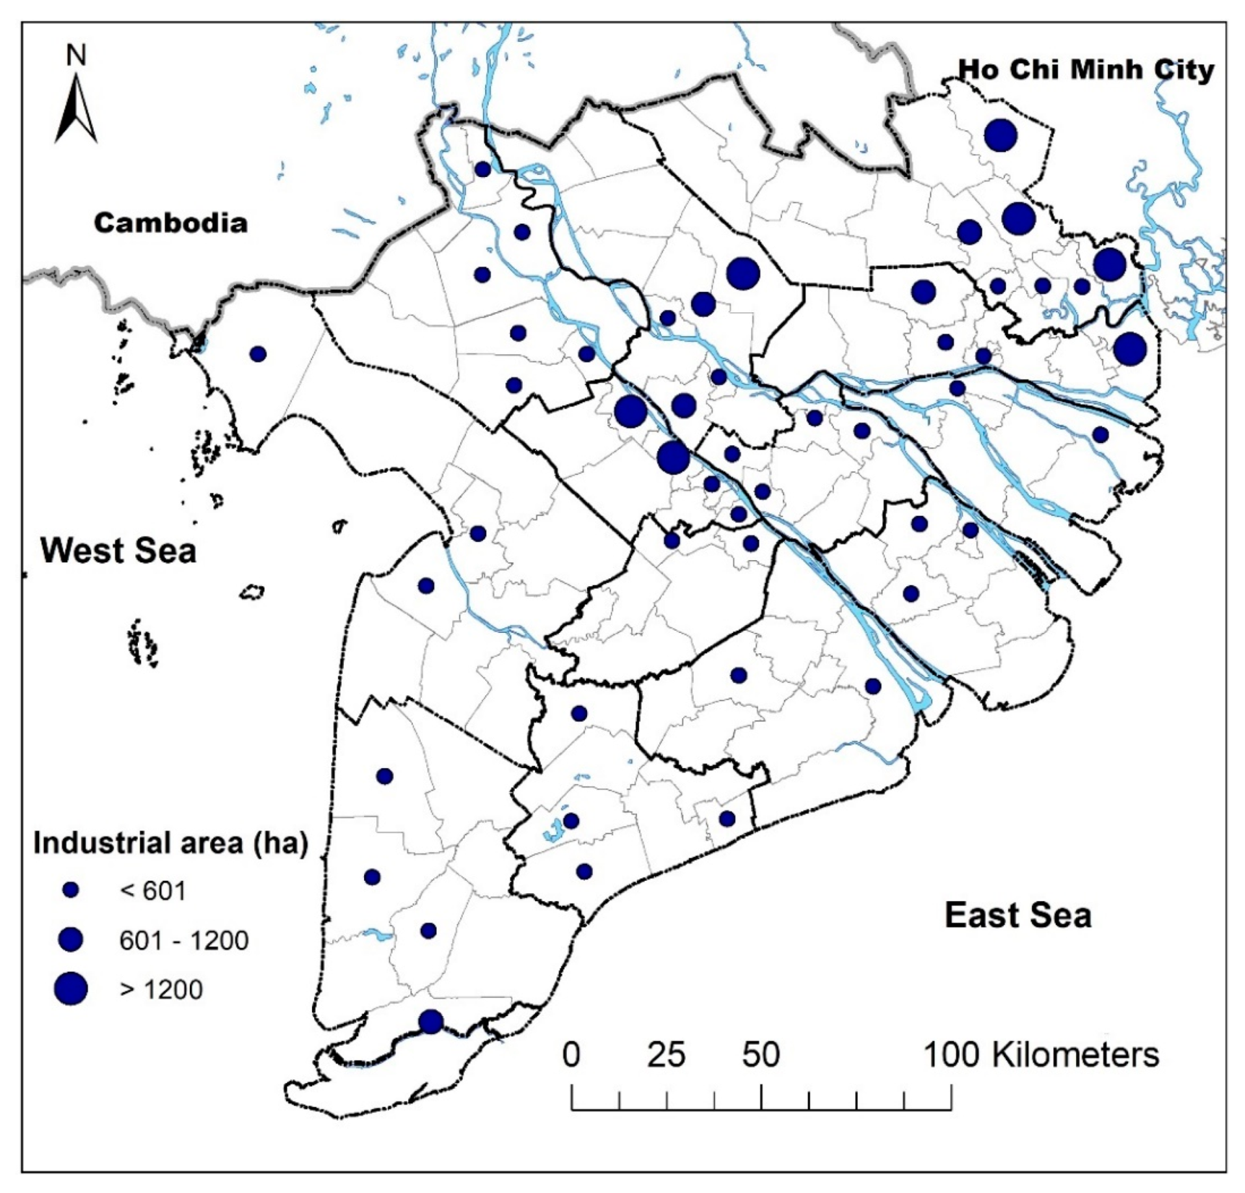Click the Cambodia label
(170, 223)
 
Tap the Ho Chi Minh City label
(1086, 70)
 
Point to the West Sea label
(118, 550)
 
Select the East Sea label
(1017, 915)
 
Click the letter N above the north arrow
(76, 56)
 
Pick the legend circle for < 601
(71, 890)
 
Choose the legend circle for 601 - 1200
(71, 939)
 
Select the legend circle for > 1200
(71, 989)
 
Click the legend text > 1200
(161, 989)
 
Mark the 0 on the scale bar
(571, 1054)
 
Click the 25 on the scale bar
(666, 1054)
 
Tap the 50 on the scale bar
(761, 1054)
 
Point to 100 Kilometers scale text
(1041, 1054)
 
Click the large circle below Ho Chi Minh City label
(1001, 135)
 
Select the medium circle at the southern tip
(430, 1022)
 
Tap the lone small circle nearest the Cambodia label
(258, 354)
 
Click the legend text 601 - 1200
(183, 940)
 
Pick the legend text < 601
(153, 891)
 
